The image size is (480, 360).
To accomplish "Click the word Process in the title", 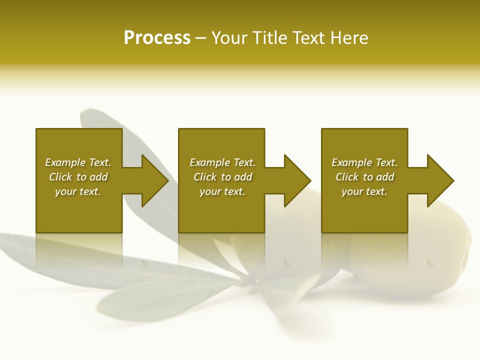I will click(157, 38).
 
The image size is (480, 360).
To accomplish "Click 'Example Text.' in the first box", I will click(78, 162).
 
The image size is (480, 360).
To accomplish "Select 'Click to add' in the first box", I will click(78, 177).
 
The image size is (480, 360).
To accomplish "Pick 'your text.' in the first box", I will click(78, 191).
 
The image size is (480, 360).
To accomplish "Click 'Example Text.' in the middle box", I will click(222, 162).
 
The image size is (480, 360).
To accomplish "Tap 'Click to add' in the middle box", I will click(222, 177).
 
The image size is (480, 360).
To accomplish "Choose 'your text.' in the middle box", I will click(222, 191).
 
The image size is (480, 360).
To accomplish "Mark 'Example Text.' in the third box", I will click(364, 162).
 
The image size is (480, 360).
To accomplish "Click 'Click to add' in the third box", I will click(364, 177).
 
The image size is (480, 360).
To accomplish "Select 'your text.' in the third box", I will click(364, 191).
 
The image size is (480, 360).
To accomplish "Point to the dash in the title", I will click(200, 38).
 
